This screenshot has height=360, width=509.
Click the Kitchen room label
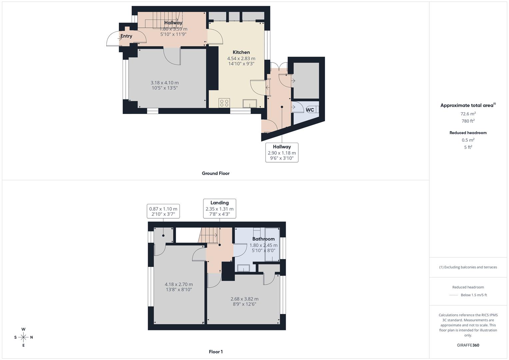click(241, 52)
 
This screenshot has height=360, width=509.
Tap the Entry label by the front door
click(126, 36)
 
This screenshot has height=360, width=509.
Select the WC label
click(310, 110)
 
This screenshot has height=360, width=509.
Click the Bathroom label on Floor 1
click(263, 239)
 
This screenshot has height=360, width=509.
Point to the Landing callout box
click(220, 209)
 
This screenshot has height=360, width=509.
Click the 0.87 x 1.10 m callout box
click(163, 211)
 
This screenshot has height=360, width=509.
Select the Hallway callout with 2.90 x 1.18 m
click(282, 153)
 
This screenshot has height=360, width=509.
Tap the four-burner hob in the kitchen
click(224, 103)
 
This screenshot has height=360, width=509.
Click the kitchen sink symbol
click(250, 103)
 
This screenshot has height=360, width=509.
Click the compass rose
click(23, 337)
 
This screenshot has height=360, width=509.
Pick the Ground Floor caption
click(216, 173)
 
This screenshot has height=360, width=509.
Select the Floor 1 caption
click(216, 352)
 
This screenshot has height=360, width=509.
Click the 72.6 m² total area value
click(468, 114)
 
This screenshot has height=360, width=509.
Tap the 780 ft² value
click(468, 121)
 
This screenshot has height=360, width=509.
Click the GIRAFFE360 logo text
click(468, 345)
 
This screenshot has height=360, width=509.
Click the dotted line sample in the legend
click(453, 295)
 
